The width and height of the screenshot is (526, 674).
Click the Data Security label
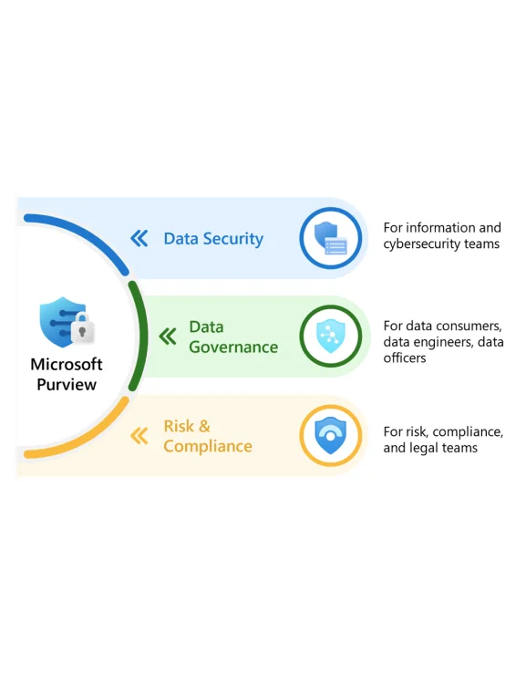(x=213, y=239)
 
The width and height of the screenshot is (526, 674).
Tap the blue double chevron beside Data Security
(x=139, y=238)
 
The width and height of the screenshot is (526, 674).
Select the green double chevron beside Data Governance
(x=168, y=337)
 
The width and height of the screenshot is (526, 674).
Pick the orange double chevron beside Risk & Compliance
(x=139, y=436)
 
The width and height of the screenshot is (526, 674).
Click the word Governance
(x=233, y=347)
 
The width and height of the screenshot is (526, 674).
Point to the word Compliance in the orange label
(x=208, y=447)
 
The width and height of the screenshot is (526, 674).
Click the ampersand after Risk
(x=204, y=427)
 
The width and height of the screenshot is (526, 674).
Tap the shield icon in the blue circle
(x=331, y=239)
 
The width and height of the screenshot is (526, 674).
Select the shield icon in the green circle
(x=331, y=337)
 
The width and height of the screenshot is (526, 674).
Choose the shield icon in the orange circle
(x=331, y=435)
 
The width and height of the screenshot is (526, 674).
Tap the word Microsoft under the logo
(x=67, y=365)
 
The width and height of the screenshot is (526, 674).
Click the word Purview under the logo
(x=67, y=385)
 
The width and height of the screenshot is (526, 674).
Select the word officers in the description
(x=405, y=358)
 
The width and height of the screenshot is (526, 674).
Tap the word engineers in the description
(x=442, y=342)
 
